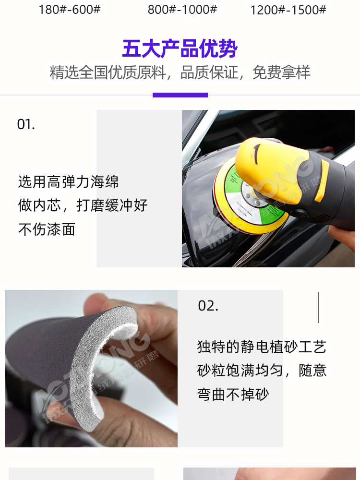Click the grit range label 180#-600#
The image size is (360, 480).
pyautogui.click(x=70, y=10)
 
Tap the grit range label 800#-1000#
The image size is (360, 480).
pyautogui.click(x=182, y=10)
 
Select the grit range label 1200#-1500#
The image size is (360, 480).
pyautogui.click(x=288, y=10)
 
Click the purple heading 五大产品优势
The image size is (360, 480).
pyautogui.click(x=180, y=49)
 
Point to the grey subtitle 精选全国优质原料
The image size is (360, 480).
pyautogui.click(x=108, y=72)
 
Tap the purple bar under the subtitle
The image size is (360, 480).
pyautogui.click(x=180, y=95)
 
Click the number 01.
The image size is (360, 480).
pyautogui.click(x=26, y=124)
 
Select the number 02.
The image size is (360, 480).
pyautogui.click(x=208, y=306)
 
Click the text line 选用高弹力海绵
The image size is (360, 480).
pyautogui.click(x=68, y=182)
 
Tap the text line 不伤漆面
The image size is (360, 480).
pyautogui.click(x=47, y=229)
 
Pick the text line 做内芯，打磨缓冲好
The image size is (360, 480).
pyautogui.click(x=83, y=206)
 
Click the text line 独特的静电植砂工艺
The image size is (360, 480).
pyautogui.click(x=262, y=347)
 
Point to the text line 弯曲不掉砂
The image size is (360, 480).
pyautogui.click(x=233, y=395)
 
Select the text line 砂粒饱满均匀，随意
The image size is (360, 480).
pyautogui.click(x=262, y=371)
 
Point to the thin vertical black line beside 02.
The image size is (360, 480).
pyautogui.click(x=318, y=307)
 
